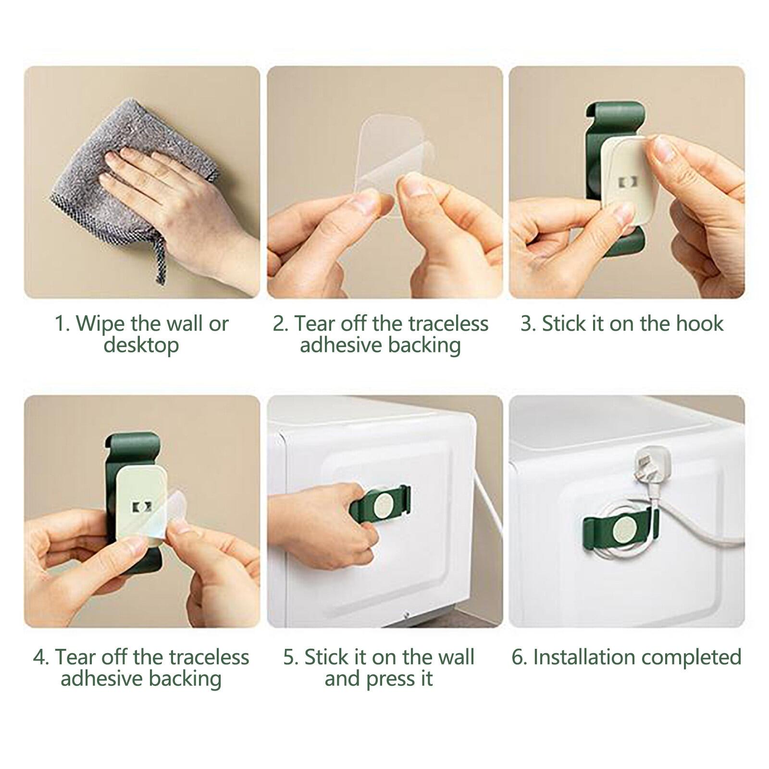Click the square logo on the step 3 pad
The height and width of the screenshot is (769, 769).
pyautogui.click(x=626, y=183)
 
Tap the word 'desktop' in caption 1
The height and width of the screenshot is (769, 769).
pyautogui.click(x=141, y=345)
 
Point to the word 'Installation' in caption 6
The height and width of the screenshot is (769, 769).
pyautogui.click(x=581, y=657)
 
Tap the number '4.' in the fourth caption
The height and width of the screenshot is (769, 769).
pyautogui.click(x=41, y=657)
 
